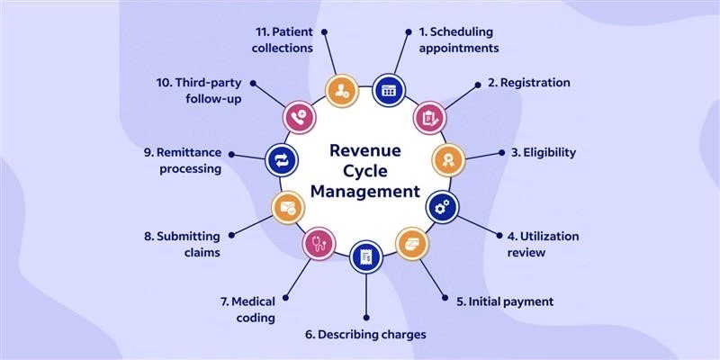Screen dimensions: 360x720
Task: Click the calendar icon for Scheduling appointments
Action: [389, 89]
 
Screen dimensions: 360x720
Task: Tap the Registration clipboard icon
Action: [428, 116]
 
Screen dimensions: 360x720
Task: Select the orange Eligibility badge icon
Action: [447, 160]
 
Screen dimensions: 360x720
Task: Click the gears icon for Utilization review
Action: [441, 207]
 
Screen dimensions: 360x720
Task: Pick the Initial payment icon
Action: [412, 243]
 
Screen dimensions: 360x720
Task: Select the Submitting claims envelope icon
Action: [285, 208]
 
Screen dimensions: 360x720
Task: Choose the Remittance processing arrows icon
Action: [279, 161]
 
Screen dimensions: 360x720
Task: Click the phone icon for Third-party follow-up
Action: [298, 116]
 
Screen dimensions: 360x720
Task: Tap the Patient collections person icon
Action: [342, 89]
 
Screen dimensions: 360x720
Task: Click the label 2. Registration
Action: [528, 82]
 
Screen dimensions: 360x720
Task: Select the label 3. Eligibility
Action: [544, 152]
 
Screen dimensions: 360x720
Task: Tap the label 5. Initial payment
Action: [509, 301]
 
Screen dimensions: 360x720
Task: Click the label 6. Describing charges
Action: [364, 334]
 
